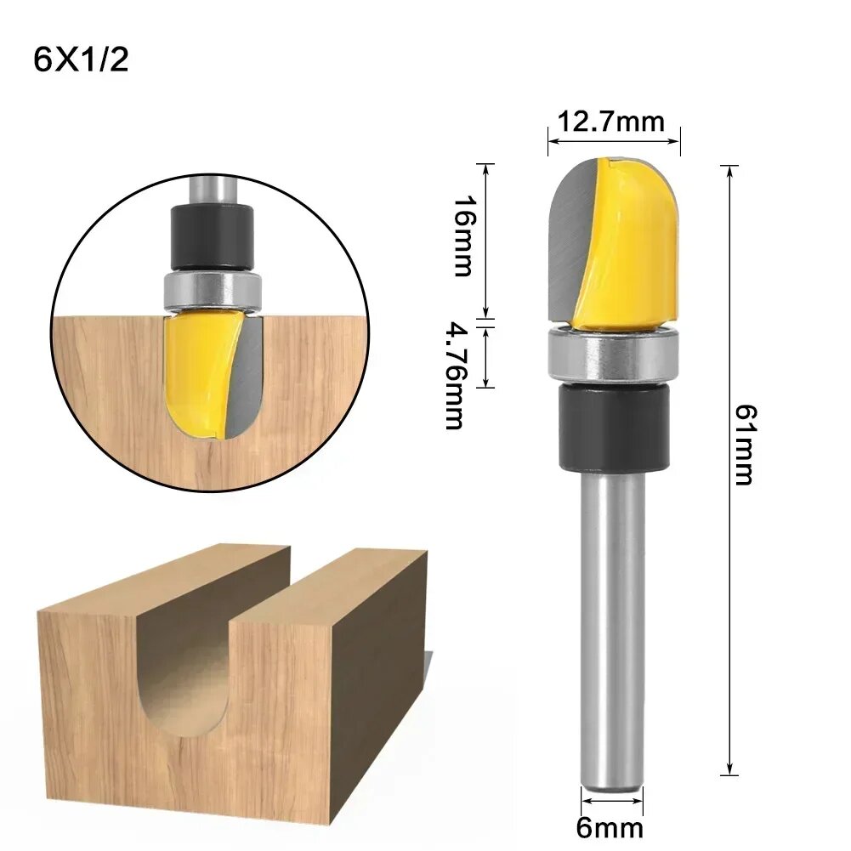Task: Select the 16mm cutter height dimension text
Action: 463,235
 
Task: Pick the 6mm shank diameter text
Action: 610,826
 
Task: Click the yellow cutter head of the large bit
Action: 633,247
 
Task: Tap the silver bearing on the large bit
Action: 614,355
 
